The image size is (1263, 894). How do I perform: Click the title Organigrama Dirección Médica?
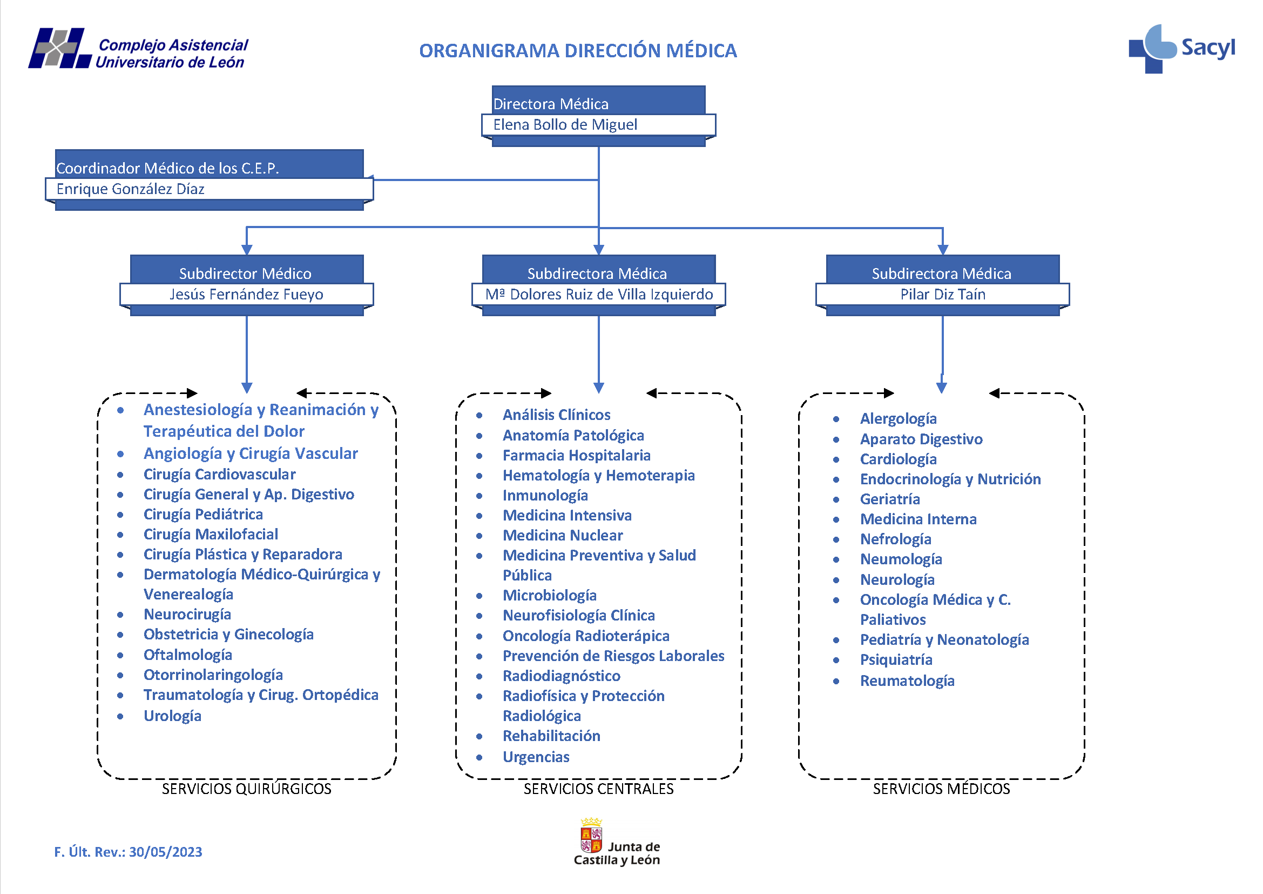(x=578, y=51)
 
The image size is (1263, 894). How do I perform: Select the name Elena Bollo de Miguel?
(x=565, y=125)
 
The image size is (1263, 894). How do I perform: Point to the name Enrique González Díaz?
(x=130, y=189)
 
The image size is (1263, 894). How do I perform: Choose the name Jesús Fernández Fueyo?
(x=246, y=295)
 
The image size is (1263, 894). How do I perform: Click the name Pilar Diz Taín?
(x=942, y=295)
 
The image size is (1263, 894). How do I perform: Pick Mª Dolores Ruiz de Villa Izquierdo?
(x=598, y=295)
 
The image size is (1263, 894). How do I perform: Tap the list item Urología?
(x=172, y=716)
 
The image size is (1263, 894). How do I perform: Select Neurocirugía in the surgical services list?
(x=187, y=615)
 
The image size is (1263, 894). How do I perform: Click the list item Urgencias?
(x=536, y=757)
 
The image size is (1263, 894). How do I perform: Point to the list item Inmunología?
(x=545, y=496)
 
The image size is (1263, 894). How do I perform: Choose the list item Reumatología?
(x=907, y=681)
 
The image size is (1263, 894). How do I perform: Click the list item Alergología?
(x=898, y=419)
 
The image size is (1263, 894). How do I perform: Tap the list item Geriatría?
(x=889, y=499)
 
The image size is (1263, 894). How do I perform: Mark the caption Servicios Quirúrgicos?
(x=246, y=789)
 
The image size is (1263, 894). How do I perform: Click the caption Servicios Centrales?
(x=598, y=789)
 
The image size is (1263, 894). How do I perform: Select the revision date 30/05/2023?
(x=166, y=852)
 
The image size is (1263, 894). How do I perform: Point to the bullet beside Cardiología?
(x=835, y=459)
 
